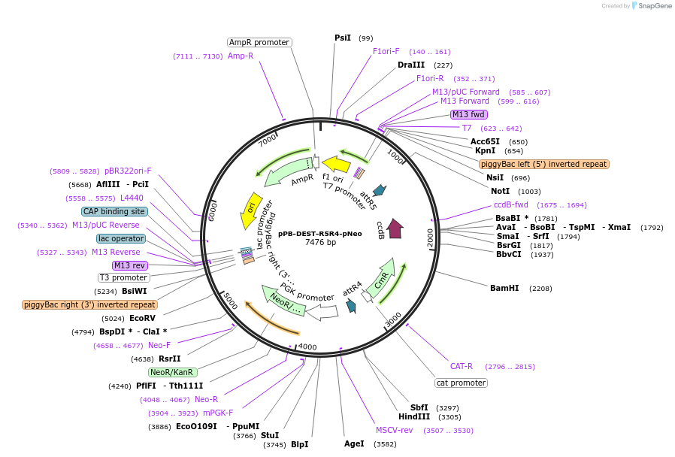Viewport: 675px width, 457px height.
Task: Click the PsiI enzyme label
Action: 343,38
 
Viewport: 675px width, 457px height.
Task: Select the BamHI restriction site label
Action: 504,288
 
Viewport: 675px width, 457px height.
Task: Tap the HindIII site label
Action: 414,416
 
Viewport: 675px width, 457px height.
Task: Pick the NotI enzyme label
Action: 500,191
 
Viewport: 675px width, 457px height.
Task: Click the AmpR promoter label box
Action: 259,42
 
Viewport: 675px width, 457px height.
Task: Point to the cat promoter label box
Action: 461,383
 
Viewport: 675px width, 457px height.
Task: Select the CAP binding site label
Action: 114,211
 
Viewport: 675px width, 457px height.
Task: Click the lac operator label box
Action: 120,238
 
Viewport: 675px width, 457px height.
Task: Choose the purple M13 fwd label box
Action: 468,114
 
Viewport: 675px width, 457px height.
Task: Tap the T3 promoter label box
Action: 124,277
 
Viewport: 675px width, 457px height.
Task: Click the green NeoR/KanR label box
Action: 172,372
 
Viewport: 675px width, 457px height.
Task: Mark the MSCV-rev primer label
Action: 395,430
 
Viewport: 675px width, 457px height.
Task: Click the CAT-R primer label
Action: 461,366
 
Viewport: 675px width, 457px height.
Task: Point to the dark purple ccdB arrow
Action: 395,228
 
